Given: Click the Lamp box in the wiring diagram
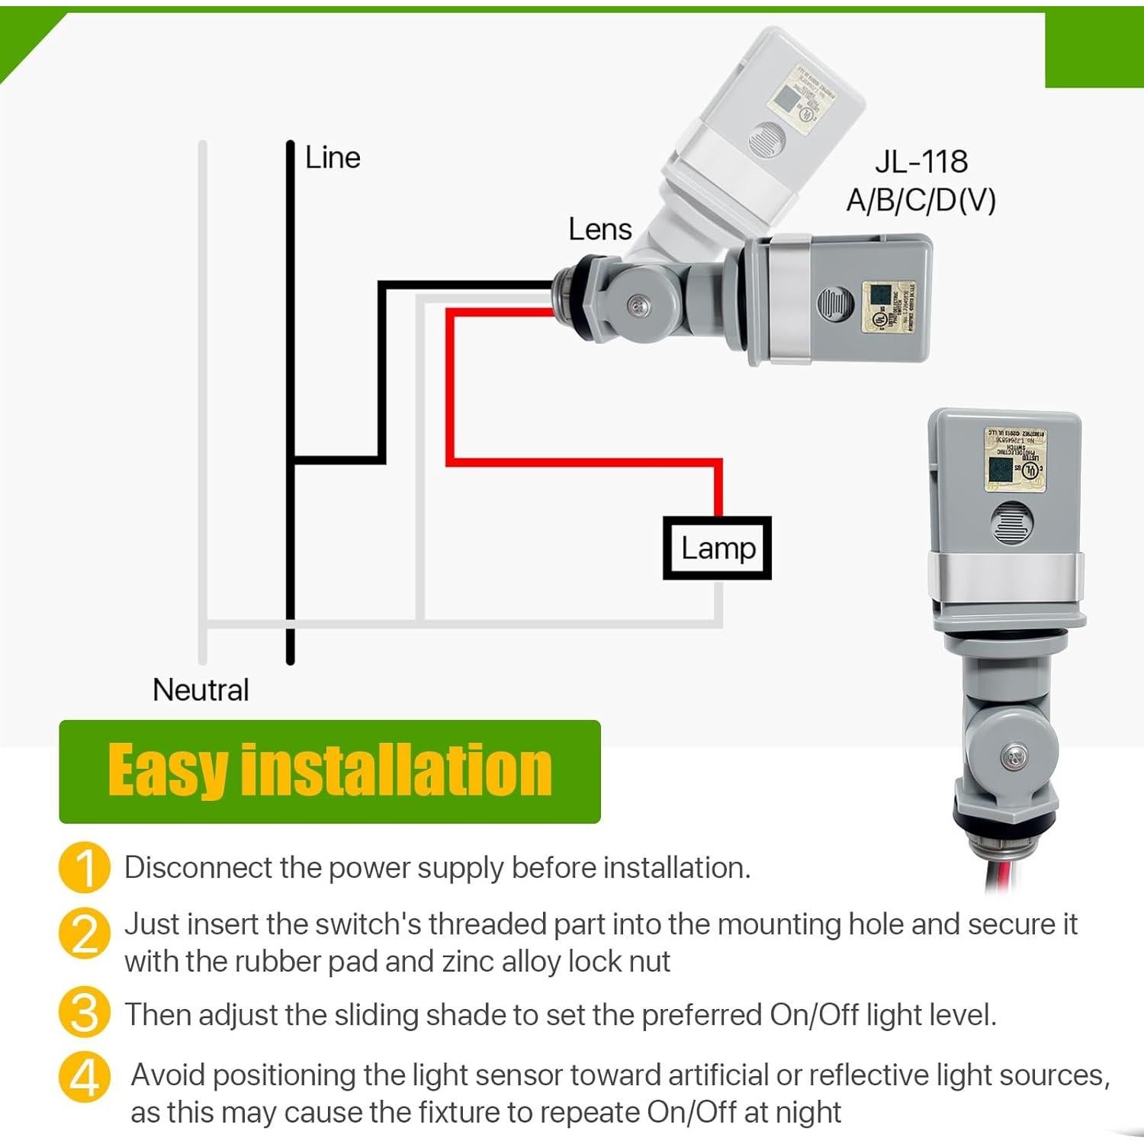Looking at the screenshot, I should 717,548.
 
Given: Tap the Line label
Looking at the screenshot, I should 333,158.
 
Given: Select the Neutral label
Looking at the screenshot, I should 201,689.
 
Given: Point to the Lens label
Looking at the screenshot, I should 600,230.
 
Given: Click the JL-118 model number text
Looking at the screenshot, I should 921,162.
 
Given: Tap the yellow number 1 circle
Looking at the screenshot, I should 85,867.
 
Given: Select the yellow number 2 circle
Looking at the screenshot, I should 85,934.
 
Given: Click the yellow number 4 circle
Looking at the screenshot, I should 85,1076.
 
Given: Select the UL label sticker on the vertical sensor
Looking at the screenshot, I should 1015,458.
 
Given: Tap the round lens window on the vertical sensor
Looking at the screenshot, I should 1012,523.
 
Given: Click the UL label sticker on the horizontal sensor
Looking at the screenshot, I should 888,307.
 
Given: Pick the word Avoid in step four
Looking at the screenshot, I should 168,1075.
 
